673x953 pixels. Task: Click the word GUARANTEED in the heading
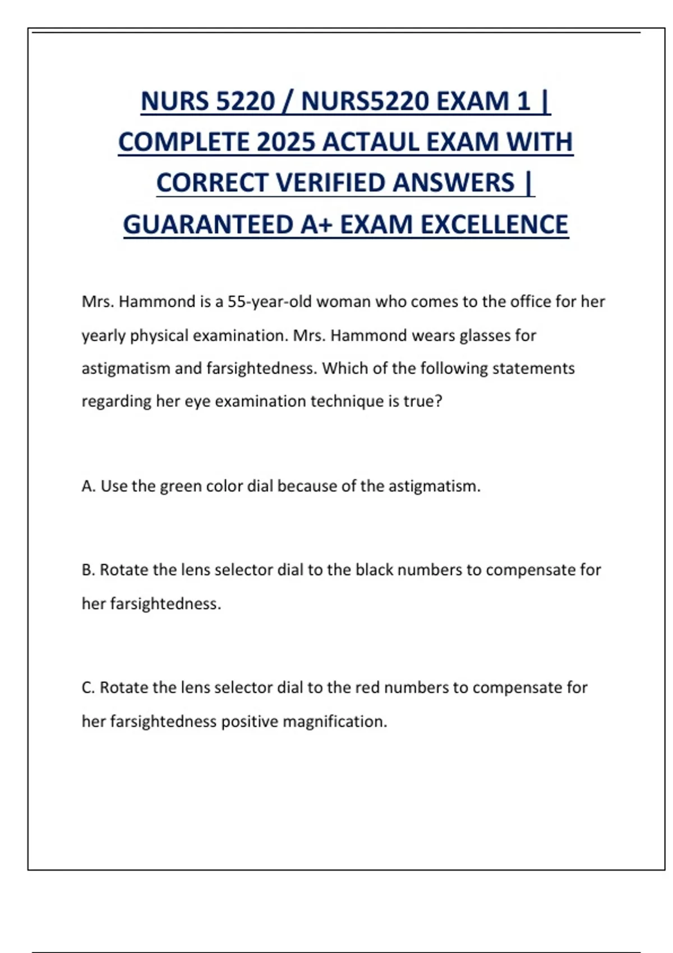[208, 224]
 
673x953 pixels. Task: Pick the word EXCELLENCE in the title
[494, 224]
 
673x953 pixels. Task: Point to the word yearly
[104, 336]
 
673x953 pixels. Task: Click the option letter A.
[87, 486]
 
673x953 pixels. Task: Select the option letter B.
[87, 570]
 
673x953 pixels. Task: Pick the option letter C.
[87, 688]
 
